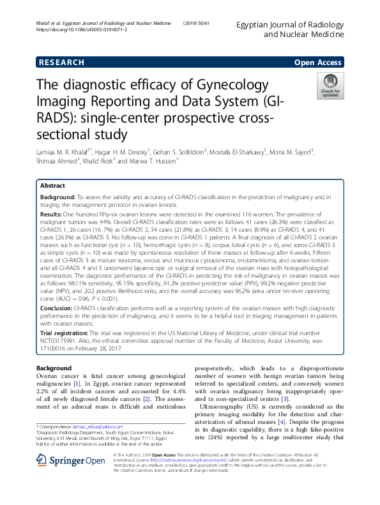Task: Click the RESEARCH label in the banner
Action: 61,62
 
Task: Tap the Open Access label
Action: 317,62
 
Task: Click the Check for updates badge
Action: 330,86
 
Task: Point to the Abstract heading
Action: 52,185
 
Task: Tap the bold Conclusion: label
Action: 56,308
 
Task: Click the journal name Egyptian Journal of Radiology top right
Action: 291,24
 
